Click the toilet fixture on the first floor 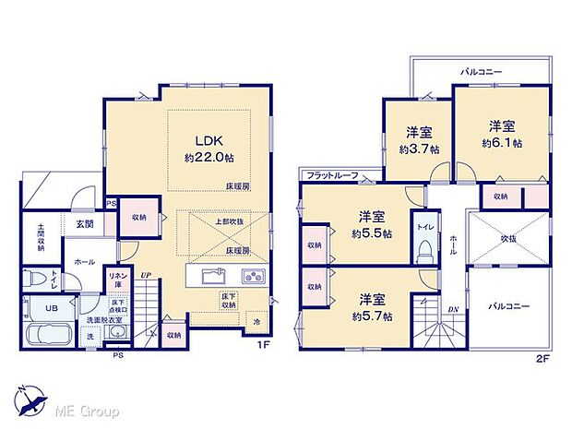point(33,277)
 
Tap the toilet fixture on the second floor point(425,249)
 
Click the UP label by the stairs point(145,274)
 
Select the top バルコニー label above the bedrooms point(482,70)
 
